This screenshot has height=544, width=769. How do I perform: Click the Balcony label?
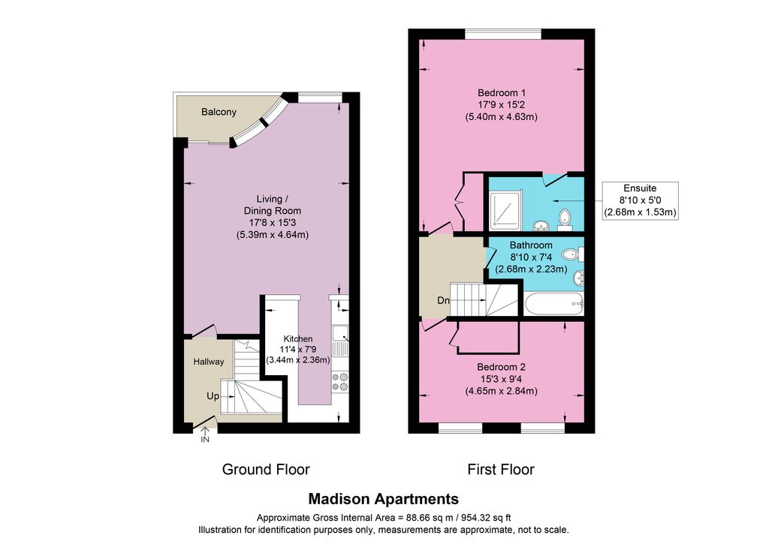[219, 113]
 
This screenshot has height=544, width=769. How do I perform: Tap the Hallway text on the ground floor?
[208, 362]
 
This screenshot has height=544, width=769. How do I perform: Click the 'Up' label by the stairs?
[214, 395]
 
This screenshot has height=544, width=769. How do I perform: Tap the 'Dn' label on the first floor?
[443, 302]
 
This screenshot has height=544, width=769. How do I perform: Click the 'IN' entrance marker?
[205, 440]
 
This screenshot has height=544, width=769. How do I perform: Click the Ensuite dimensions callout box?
[641, 200]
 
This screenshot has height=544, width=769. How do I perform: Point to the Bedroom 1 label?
[502, 93]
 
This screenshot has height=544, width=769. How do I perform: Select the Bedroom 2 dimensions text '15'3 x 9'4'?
[501, 380]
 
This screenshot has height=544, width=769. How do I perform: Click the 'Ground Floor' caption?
[266, 470]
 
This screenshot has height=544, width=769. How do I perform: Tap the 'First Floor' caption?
[501, 470]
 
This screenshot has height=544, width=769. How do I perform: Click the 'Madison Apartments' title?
[384, 499]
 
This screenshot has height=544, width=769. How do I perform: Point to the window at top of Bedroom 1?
[502, 33]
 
